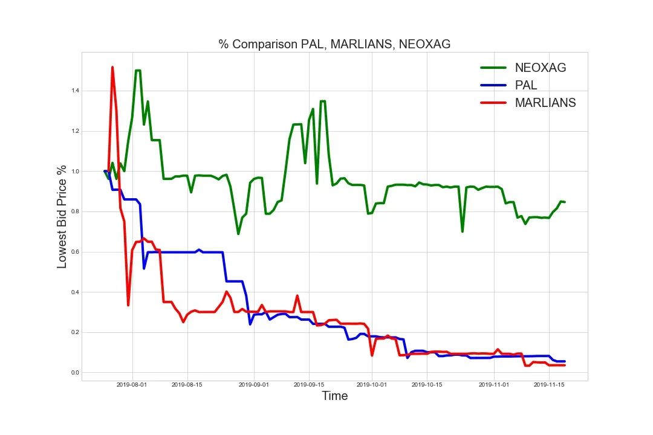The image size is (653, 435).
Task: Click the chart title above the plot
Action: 334,44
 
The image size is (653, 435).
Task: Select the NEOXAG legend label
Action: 541,68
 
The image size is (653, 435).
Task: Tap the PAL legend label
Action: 526,85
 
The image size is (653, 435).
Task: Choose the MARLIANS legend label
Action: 545,103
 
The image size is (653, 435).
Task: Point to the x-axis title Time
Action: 334,396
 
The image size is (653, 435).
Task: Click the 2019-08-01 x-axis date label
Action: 132,384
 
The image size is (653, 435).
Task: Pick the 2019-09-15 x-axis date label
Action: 308,384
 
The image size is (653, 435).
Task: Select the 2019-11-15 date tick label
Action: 548,384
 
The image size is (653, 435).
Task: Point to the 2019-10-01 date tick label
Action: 372,384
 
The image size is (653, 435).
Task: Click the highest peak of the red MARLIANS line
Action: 112,67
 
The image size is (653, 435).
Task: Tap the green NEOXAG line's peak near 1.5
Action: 138,71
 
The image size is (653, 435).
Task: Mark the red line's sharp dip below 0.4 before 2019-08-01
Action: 128,304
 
